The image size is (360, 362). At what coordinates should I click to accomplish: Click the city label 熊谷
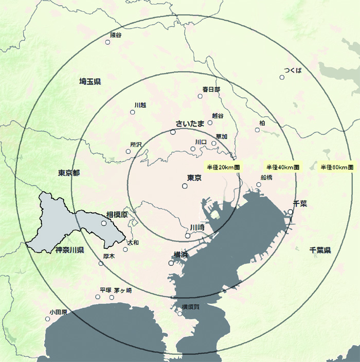click(x=116, y=35)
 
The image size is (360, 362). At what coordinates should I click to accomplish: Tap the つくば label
click(x=293, y=70)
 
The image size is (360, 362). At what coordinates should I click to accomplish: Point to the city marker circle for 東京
click(x=185, y=186)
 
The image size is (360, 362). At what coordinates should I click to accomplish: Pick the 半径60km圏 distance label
click(x=337, y=167)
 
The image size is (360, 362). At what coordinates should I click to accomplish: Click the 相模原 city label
click(x=117, y=214)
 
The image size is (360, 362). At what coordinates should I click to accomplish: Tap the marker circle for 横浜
click(x=171, y=263)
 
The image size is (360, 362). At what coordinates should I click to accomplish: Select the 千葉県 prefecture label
click(x=320, y=250)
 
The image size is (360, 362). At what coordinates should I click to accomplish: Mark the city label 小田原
click(x=58, y=312)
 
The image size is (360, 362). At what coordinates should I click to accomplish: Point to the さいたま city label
click(x=190, y=123)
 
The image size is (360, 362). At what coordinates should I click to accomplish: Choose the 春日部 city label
click(x=211, y=89)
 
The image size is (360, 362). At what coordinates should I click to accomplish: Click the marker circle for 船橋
click(x=259, y=184)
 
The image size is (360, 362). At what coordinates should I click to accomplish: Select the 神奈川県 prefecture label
click(x=69, y=250)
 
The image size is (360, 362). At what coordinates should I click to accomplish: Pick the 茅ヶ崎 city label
click(x=122, y=290)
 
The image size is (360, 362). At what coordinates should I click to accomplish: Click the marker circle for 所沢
click(x=129, y=151)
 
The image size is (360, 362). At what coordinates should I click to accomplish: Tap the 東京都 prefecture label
click(x=69, y=173)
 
